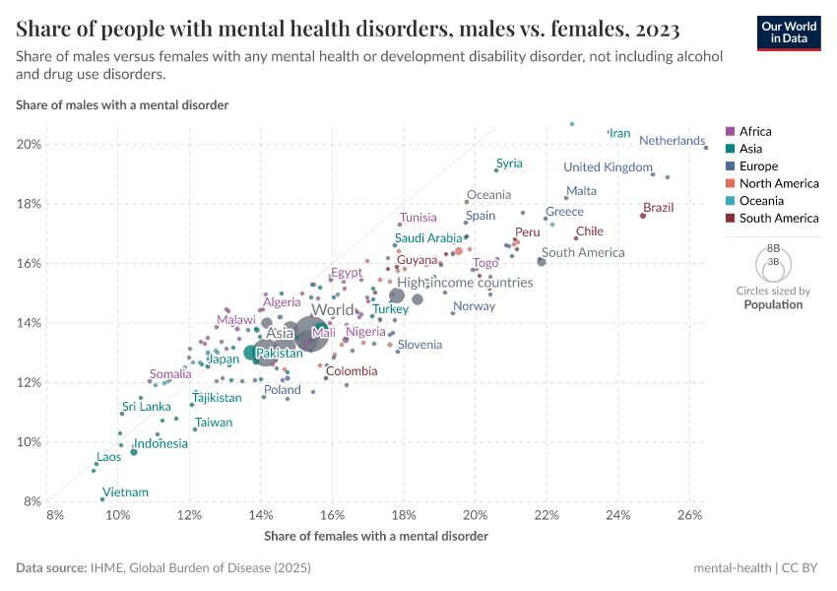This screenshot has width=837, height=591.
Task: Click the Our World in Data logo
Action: pos(789,33)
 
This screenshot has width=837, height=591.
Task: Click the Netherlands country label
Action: pos(672,141)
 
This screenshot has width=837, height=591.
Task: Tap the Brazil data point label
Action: pos(658,208)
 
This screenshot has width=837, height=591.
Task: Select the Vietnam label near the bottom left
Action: pos(126,492)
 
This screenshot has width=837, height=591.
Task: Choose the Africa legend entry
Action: pos(755,131)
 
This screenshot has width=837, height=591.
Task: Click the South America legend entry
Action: pos(778,219)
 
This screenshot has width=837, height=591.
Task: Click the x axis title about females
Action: pos(376,536)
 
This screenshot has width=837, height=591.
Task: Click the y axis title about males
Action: pos(122,104)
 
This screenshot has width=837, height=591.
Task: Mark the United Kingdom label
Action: pos(608,167)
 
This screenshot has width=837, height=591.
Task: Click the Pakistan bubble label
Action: pos(280,353)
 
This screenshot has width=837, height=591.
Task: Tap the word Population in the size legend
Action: pos(773,304)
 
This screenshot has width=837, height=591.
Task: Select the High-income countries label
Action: pos(465,283)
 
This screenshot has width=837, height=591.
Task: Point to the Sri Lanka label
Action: pos(147,407)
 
